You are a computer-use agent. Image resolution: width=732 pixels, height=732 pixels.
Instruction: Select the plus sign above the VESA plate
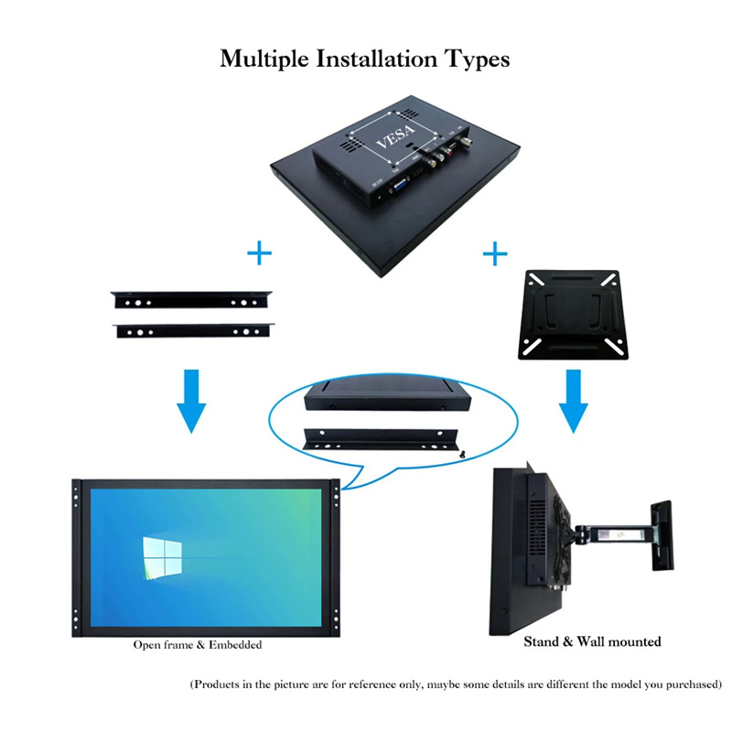coord(495,253)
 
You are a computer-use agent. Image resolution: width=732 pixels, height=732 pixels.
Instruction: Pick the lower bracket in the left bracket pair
coord(194,330)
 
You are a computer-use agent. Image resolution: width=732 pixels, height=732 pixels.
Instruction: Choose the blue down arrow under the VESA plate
coord(574,400)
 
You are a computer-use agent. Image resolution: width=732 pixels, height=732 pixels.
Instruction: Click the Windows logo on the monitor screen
coord(162,556)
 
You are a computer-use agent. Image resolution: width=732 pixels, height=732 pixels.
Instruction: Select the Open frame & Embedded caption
coord(198,645)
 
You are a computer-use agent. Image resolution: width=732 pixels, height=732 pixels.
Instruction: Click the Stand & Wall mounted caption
coord(592,641)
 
